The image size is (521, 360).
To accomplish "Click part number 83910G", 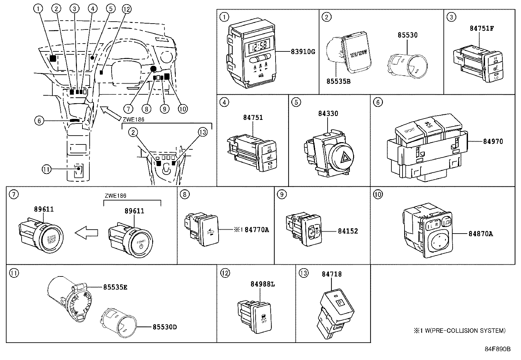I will coord(303,51).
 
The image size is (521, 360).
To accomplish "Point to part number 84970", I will coord(493,142).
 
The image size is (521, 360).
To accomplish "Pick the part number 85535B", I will coord(338,81).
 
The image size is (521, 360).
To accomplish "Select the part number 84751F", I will coord(481,28).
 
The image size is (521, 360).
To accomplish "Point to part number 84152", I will coord(348,231).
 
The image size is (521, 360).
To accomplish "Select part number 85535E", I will coord(115,287).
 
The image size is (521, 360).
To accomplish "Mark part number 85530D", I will coord(165,327).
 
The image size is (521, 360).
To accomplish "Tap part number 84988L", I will coord(263,284).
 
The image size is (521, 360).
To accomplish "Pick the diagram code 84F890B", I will coord(497,349).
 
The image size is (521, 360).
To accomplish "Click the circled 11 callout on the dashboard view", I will coord(46,169).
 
